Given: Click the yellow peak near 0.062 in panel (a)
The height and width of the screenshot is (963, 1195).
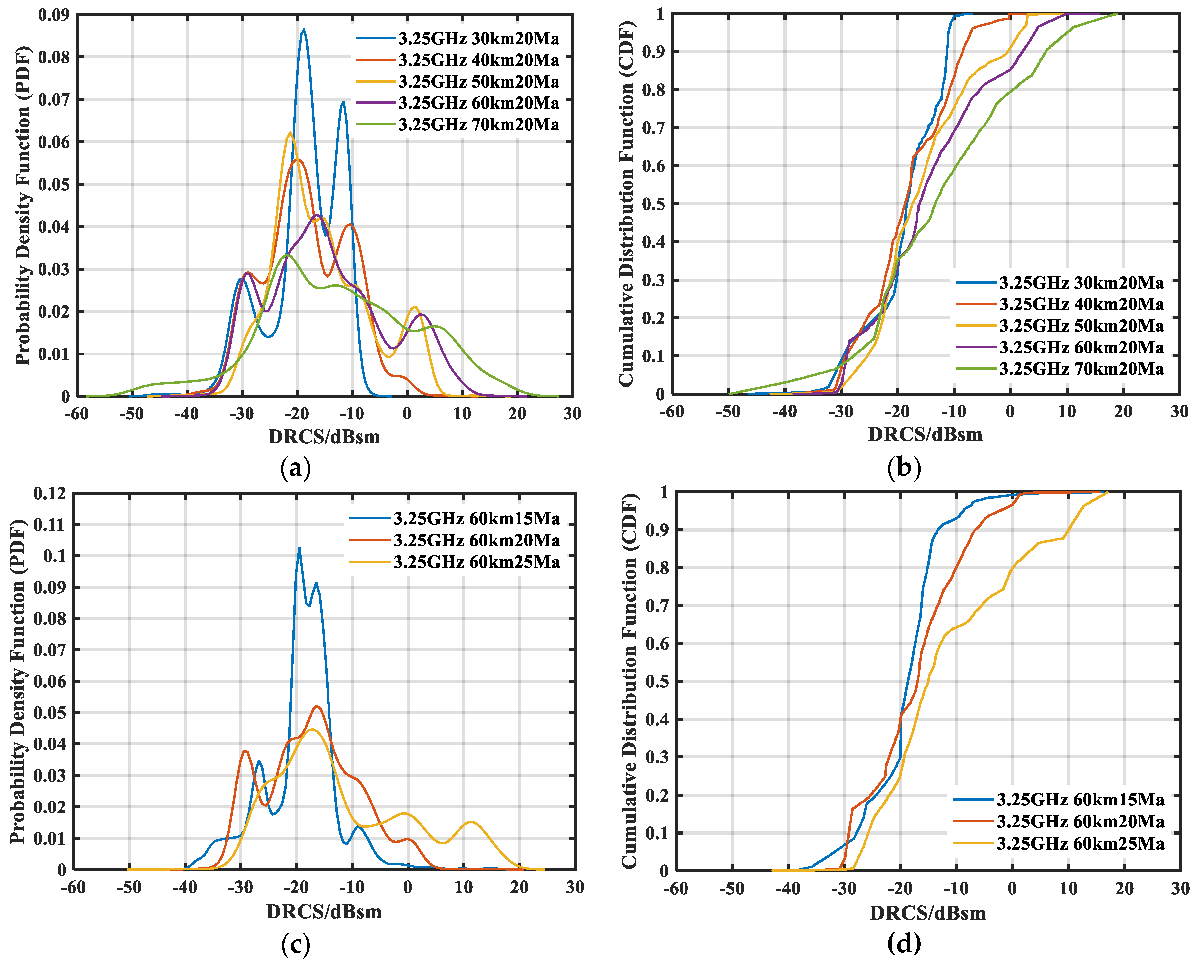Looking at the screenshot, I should pos(289,133).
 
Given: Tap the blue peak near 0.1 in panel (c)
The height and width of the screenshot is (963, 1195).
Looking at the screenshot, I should pos(299,548).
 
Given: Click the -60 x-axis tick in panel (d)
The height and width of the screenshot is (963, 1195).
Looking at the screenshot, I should pos(676,889).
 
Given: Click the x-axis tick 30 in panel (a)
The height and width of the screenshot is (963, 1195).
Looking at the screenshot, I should pos(572,413).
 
